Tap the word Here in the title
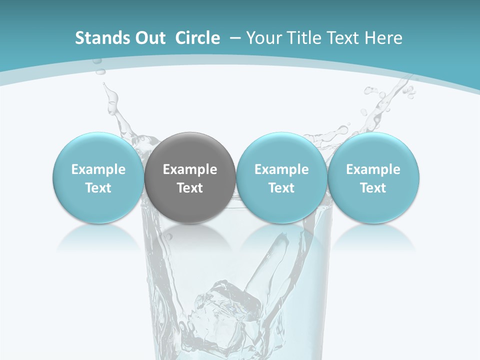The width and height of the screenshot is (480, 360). click(x=384, y=38)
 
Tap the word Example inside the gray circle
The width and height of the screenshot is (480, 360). click(x=190, y=169)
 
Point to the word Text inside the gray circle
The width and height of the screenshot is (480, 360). click(x=190, y=188)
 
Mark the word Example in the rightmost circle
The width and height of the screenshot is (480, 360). click(x=373, y=169)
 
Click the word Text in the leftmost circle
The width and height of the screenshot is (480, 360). click(x=98, y=188)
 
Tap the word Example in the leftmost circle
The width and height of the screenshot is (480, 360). click(x=98, y=169)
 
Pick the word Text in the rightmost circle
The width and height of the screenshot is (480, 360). click(x=373, y=188)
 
